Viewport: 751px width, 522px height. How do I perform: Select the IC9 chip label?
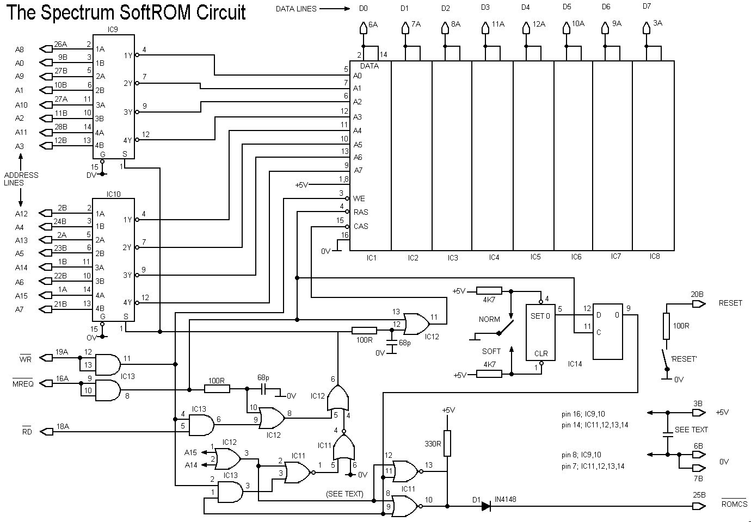coord(113,29)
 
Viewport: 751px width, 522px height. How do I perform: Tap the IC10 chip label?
coord(114,194)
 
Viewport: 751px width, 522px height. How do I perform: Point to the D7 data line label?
coord(647,7)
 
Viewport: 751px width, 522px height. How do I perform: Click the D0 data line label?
coord(364,8)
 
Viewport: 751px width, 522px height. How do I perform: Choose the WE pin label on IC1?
coord(359,198)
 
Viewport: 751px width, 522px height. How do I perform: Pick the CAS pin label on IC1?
coord(361,226)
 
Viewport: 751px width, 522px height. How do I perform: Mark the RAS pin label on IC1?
coord(361,212)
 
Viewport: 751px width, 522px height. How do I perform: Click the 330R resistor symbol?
coord(447,443)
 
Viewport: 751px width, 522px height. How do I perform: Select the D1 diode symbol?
coord(486,506)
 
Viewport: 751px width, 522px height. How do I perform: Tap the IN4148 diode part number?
coord(507,499)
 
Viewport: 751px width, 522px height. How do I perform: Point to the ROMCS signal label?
coord(734,504)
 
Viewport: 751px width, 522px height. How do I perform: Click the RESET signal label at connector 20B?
coord(730,302)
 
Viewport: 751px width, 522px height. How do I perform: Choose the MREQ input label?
coord(23,384)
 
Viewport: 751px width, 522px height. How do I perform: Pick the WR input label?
coord(26,359)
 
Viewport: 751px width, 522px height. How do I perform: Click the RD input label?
coord(27,432)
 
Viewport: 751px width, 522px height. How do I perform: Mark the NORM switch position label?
coord(489,319)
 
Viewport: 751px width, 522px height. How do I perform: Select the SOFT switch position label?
coord(491,351)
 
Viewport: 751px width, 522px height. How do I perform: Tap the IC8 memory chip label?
coord(654,256)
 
